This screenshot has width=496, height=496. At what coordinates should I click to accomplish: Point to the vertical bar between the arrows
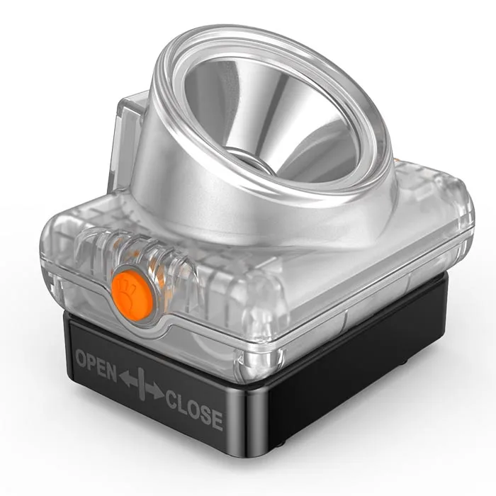(141, 385)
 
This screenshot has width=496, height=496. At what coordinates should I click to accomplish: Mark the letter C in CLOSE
(172, 399)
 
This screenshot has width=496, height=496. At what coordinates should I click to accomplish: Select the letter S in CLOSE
(205, 414)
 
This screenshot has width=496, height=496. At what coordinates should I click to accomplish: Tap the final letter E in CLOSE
(217, 419)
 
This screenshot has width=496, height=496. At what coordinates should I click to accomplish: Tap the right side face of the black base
(354, 368)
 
